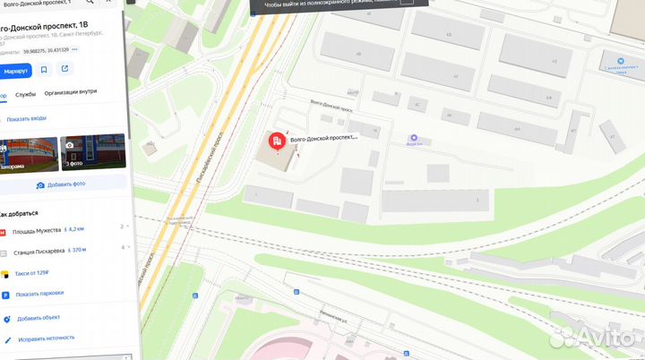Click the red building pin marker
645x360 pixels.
(278, 140)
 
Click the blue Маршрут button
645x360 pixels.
(15, 70)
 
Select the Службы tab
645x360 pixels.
(26, 94)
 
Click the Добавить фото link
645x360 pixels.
(62, 184)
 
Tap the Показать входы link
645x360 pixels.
(26, 119)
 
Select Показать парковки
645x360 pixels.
(39, 295)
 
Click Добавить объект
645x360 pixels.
(38, 318)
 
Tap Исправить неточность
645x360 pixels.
(44, 339)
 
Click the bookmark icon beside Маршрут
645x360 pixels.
(44, 70)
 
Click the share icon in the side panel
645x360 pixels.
(64, 70)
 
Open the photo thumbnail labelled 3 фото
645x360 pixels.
(92, 151)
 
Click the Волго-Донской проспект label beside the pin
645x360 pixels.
(325, 138)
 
